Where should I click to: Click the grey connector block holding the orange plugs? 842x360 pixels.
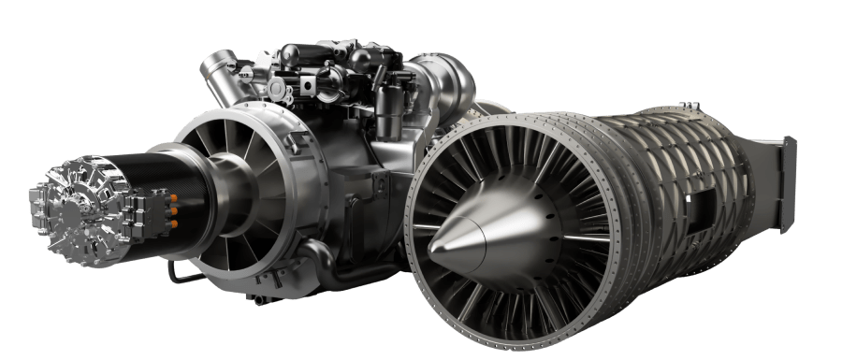(x=165, y=210)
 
